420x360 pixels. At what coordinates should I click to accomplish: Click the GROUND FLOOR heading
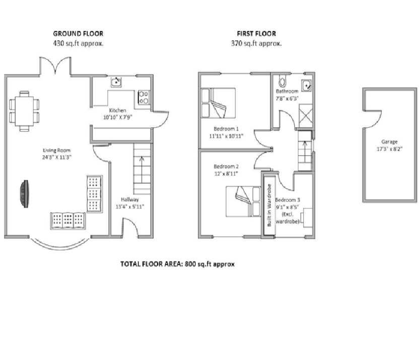pos(78,33)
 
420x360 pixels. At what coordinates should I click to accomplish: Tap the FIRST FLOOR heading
pos(256,33)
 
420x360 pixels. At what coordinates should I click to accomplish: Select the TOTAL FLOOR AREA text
pos(178,264)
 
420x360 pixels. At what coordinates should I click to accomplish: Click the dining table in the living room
pos(24,111)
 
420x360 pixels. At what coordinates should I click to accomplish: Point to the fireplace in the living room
pos(24,194)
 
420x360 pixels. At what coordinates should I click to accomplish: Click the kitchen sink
pos(116,82)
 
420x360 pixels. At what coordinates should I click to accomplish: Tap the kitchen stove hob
pos(144,97)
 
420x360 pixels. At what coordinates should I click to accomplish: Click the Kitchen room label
pos(117,110)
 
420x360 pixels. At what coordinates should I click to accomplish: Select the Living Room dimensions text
pos(57,157)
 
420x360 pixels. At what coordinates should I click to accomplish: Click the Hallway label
pos(130,199)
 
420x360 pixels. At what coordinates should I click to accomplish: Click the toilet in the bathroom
pos(283,80)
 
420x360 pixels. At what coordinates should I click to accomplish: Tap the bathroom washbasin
pos(306,86)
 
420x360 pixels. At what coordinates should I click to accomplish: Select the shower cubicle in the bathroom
pos(306,116)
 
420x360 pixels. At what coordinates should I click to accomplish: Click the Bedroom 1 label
pos(226,129)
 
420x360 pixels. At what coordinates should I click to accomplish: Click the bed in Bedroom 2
pos(243,201)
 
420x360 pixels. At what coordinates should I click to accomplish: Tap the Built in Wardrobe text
pos(269,205)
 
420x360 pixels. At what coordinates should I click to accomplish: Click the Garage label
pos(389,141)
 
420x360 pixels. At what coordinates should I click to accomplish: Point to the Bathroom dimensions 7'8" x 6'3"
pos(287,98)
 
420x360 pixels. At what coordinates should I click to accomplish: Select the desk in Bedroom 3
pos(308,218)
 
